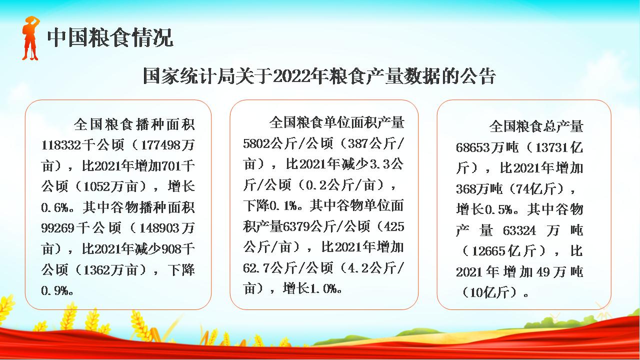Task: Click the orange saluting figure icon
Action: (x=30, y=38)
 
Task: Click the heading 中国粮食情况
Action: (x=110, y=37)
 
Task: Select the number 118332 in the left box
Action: (x=61, y=145)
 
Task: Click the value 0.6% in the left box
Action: (x=55, y=207)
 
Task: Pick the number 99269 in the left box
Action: (x=57, y=228)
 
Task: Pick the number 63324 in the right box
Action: (x=519, y=230)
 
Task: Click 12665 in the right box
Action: (x=488, y=251)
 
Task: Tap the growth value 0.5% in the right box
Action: (x=499, y=209)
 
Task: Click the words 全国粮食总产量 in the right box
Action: (x=536, y=126)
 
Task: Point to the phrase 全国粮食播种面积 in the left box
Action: (x=134, y=124)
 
